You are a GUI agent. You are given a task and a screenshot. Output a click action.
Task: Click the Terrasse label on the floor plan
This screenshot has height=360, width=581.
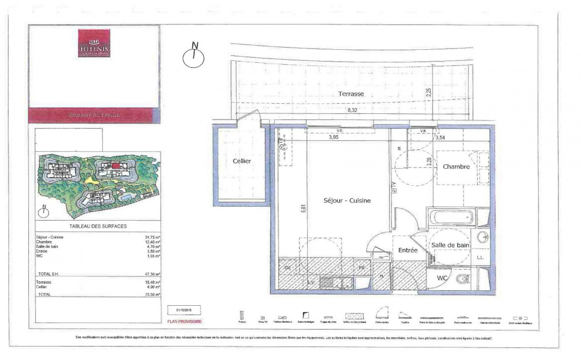[351, 94]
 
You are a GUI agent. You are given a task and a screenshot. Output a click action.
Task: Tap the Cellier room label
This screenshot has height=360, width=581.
[242, 161]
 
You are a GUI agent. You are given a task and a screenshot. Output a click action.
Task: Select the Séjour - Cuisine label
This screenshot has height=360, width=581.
[347, 200]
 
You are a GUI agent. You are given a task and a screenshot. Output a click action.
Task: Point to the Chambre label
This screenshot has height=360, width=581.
[456, 167]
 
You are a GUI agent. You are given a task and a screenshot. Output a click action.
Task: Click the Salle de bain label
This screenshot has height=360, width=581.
[450, 245]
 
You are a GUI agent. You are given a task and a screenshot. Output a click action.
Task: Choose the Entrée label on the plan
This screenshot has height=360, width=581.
[408, 251]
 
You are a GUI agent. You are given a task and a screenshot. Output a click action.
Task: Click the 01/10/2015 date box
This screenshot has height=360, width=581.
[184, 311]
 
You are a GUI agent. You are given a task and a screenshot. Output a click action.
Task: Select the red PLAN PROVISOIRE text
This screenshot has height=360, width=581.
[184, 321]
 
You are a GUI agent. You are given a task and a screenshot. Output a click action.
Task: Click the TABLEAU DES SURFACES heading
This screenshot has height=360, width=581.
[98, 226]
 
